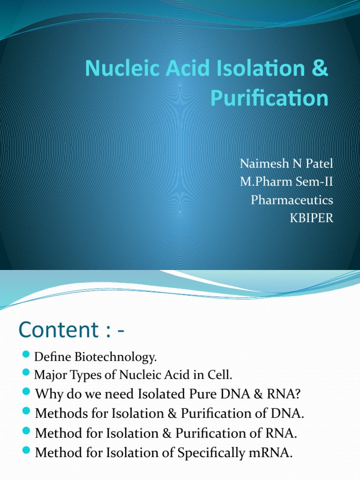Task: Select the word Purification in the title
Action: point(269,98)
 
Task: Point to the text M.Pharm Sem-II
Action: point(286,182)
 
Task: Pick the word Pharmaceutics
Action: point(292,200)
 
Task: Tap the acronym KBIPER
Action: point(312,218)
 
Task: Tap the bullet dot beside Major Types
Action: point(26,374)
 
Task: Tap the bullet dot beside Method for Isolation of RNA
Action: point(26,432)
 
